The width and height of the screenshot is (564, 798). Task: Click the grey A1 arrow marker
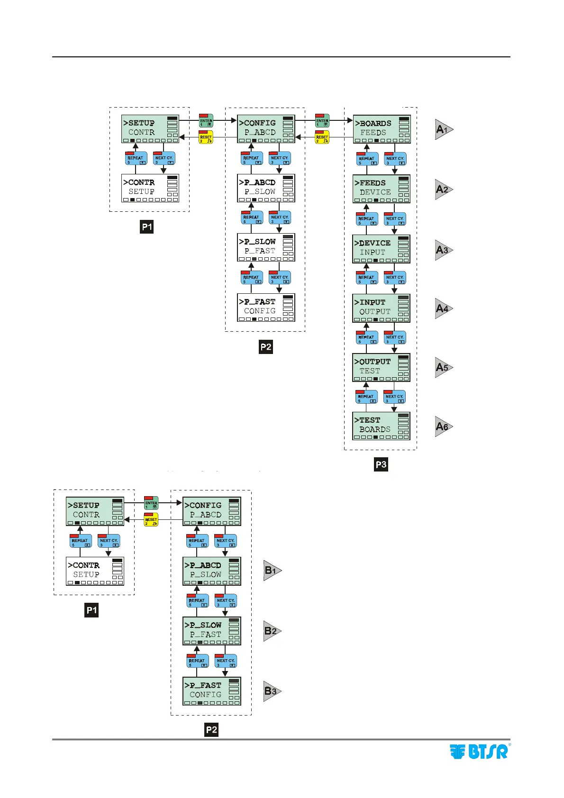[x=444, y=129]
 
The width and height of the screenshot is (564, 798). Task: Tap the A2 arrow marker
[x=444, y=190]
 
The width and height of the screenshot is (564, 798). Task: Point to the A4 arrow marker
[x=444, y=308]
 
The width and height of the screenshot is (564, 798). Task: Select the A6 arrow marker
[x=444, y=426]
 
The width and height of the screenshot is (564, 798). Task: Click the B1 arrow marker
[x=272, y=571]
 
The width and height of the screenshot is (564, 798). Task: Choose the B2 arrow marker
[x=272, y=631]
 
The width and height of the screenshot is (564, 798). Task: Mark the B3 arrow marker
[x=272, y=691]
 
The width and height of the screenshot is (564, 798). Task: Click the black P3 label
[x=381, y=464]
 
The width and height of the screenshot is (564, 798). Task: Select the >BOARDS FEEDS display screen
[x=382, y=129]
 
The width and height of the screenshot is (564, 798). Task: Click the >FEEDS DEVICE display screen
[x=382, y=189]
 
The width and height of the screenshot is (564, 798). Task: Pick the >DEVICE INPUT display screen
[x=381, y=249]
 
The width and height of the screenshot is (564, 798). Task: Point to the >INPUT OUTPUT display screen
[x=381, y=308]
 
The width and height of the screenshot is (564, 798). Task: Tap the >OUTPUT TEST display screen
[x=381, y=367]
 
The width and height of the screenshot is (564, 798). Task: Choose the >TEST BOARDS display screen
[x=381, y=426]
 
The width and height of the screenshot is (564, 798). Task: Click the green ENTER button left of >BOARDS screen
[x=322, y=120]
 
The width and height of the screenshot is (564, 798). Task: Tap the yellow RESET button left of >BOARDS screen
[x=322, y=137]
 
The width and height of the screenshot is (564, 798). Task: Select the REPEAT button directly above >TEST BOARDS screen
[x=366, y=397]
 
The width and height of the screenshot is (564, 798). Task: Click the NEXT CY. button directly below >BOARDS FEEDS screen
[x=395, y=159]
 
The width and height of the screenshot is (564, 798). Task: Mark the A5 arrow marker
[x=444, y=367]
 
